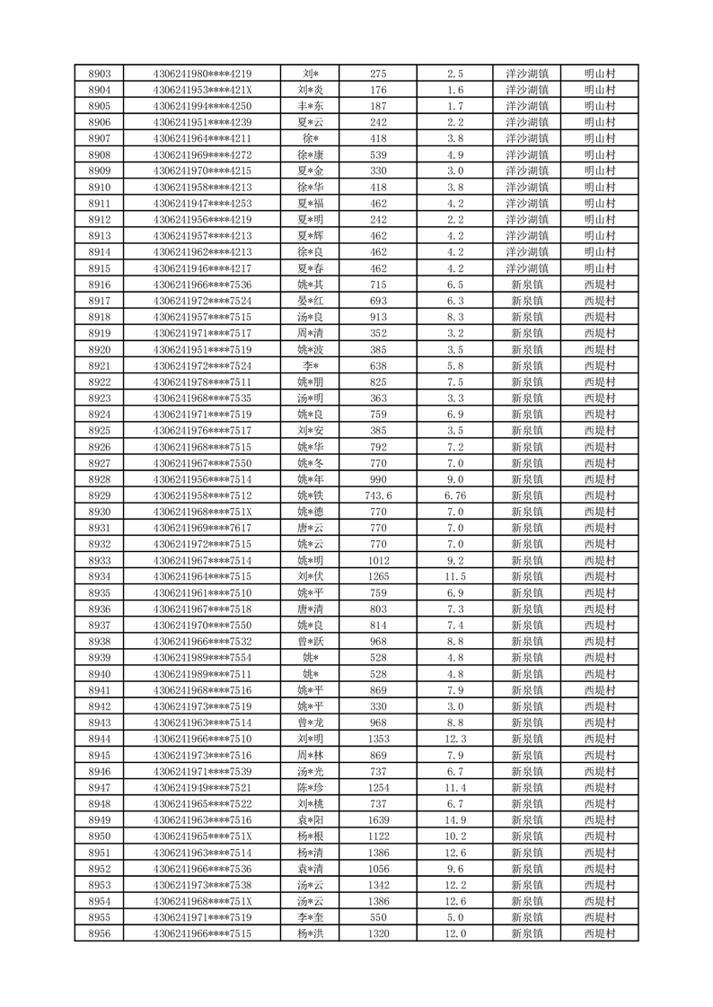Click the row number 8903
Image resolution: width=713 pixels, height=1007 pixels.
100,74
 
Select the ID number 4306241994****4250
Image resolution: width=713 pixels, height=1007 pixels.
202,106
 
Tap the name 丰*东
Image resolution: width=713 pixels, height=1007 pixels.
311,106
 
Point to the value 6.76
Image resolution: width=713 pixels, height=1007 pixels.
455,495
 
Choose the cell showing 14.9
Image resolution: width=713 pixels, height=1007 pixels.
455,819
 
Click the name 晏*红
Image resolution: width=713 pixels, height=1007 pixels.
311,301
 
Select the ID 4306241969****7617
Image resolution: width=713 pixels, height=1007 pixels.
202,528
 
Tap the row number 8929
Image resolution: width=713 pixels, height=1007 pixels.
100,495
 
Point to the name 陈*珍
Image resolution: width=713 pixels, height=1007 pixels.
311,787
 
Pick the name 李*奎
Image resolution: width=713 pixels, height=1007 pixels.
311,917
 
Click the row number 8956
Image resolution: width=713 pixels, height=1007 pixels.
100,933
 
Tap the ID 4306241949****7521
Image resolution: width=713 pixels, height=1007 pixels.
202,787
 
